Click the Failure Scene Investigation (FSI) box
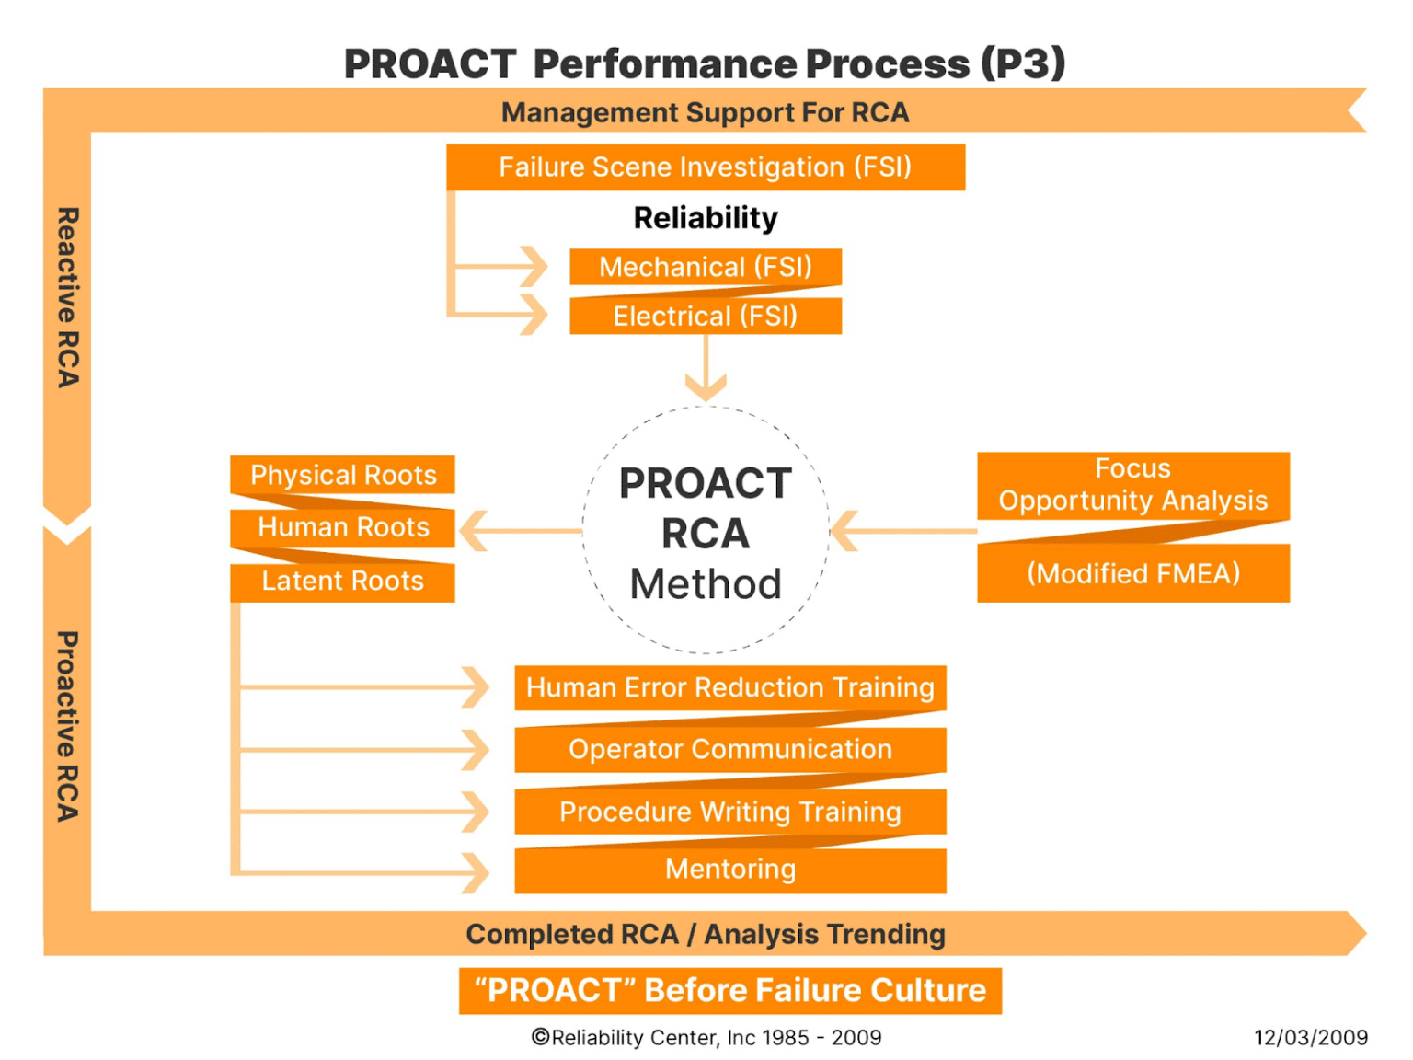[706, 167]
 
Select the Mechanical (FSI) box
[706, 267]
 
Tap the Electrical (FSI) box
[706, 317]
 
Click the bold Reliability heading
[706, 218]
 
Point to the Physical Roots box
[342, 475]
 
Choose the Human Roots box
[342, 527]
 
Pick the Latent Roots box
[342, 582]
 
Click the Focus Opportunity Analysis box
[1132, 485]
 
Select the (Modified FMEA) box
[1132, 573]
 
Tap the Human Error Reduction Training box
[729, 687]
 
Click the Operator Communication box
[729, 749]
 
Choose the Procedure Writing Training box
[729, 812]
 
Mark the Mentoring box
[729, 870]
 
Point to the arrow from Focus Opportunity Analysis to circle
[902, 531]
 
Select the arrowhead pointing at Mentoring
[476, 872]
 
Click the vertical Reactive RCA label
[68, 297]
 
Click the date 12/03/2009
[1310, 1038]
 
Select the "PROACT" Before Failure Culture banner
[729, 990]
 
